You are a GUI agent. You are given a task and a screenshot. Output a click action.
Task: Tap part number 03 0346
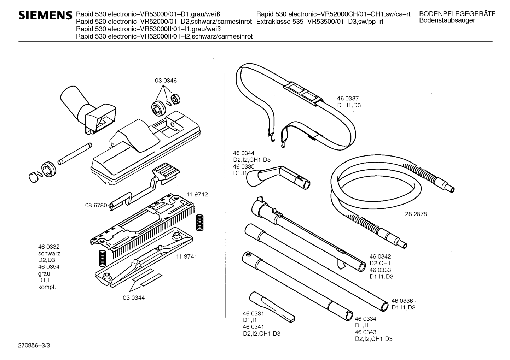pos(166,81)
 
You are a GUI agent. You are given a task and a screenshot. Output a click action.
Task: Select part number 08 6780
pos(96,205)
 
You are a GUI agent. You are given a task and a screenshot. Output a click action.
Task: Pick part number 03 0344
pos(134,297)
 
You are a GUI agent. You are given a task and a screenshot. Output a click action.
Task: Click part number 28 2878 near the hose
pos(416,214)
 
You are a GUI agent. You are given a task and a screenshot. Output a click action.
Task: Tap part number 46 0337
pos(349,99)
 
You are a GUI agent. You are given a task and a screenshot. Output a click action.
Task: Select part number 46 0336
pos(402,301)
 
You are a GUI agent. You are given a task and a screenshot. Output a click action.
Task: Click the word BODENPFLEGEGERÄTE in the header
pos(457,14)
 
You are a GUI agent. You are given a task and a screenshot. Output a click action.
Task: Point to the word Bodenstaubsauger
pos(447,20)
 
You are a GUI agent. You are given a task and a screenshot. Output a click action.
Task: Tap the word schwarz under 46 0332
pos(49,253)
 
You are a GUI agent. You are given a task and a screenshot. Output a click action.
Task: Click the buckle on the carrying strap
pos(302,93)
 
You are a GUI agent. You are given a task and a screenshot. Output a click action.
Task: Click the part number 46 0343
pos(366,332)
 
